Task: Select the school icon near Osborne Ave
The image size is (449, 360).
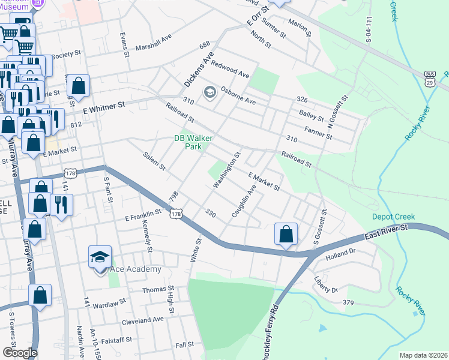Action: coord(209,92)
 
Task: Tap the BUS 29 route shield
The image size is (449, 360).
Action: coord(429,79)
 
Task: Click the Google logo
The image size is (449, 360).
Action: coord(20,352)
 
